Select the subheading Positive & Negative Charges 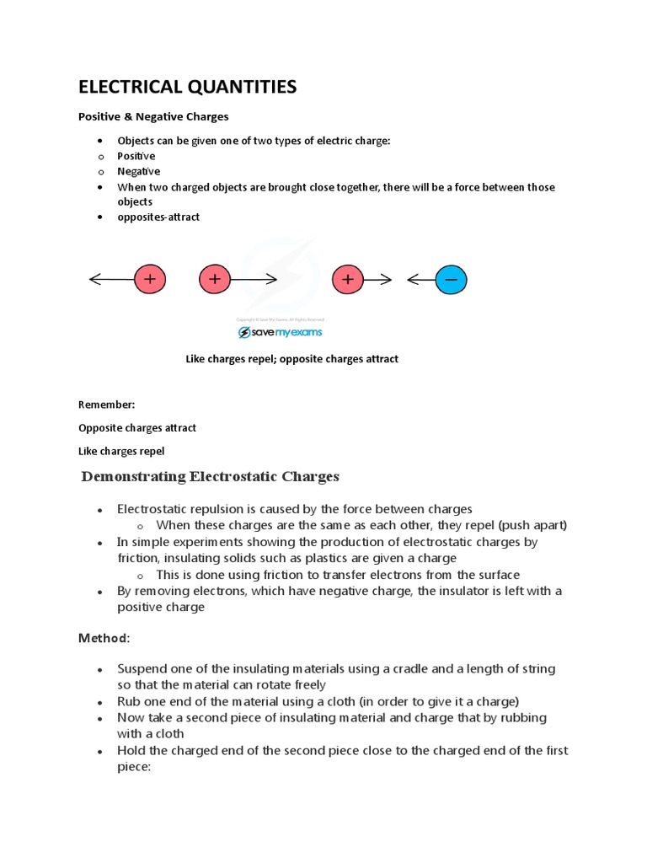point(153,116)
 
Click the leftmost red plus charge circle point(150,280)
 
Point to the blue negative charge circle point(451,280)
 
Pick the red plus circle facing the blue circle point(347,280)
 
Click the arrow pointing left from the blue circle point(420,280)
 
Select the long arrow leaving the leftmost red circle point(111,280)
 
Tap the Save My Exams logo point(280,332)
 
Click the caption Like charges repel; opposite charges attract point(291,359)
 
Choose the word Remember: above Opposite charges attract point(106,405)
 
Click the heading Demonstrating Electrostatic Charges point(210,477)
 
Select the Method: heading point(104,638)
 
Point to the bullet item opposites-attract point(158,217)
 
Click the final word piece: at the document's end point(133,766)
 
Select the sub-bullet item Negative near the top point(138,171)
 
